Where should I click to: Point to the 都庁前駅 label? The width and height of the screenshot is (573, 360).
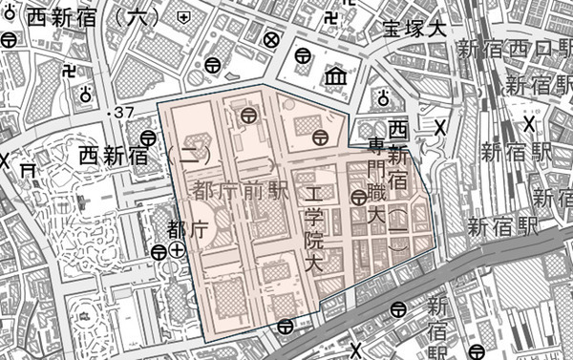coord(241,189)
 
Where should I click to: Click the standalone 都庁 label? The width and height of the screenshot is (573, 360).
coord(186,229)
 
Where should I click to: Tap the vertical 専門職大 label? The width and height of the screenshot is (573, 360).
coord(378,185)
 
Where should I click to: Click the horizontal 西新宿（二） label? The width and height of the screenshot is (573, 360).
coord(141,154)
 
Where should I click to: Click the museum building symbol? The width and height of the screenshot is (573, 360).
coord(336,76)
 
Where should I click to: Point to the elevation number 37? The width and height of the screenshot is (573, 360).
coord(123,114)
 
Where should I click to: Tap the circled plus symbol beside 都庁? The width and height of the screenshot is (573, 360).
coord(178,251)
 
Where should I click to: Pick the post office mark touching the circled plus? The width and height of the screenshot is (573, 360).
coord(159,252)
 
